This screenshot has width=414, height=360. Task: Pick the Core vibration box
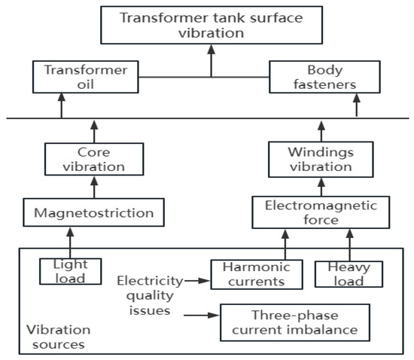tap(93, 159)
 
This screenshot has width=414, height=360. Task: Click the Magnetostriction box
tap(93, 214)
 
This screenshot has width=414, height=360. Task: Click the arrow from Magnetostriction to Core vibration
tap(93, 189)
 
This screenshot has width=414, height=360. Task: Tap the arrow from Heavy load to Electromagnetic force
tap(349, 244)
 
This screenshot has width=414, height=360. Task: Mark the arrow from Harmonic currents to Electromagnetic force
tap(285, 244)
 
